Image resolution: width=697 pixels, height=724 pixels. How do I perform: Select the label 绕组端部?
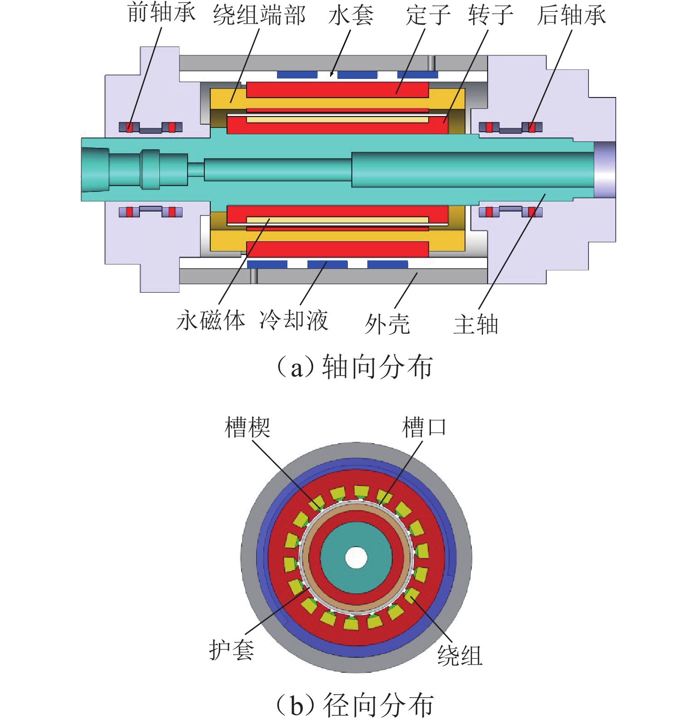pyautogui.click(x=259, y=15)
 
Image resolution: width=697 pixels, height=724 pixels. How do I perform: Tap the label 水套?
pyautogui.click(x=351, y=15)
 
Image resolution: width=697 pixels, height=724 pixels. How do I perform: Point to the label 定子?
pyautogui.click(x=428, y=15)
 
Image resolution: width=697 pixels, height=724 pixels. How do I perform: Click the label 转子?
pyautogui.click(x=490, y=15)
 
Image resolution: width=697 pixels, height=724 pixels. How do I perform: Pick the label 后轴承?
pyautogui.click(x=571, y=15)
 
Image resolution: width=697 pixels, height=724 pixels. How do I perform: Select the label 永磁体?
pyautogui.click(x=211, y=321)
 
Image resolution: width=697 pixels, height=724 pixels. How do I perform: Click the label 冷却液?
pyautogui.click(x=294, y=321)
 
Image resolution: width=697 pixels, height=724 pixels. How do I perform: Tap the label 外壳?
pyautogui.click(x=387, y=324)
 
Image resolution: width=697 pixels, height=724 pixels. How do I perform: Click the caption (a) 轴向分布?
pyautogui.click(x=355, y=367)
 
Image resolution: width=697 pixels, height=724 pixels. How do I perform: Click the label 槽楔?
pyautogui.click(x=247, y=427)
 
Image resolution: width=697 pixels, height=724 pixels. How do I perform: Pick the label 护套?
pyautogui.click(x=231, y=650)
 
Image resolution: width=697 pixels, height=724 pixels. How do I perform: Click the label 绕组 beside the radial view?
pyautogui.click(x=460, y=656)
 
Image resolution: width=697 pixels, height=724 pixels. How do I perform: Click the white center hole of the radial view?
pyautogui.click(x=356, y=558)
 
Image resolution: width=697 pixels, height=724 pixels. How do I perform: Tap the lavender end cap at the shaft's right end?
pyautogui.click(x=605, y=170)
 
